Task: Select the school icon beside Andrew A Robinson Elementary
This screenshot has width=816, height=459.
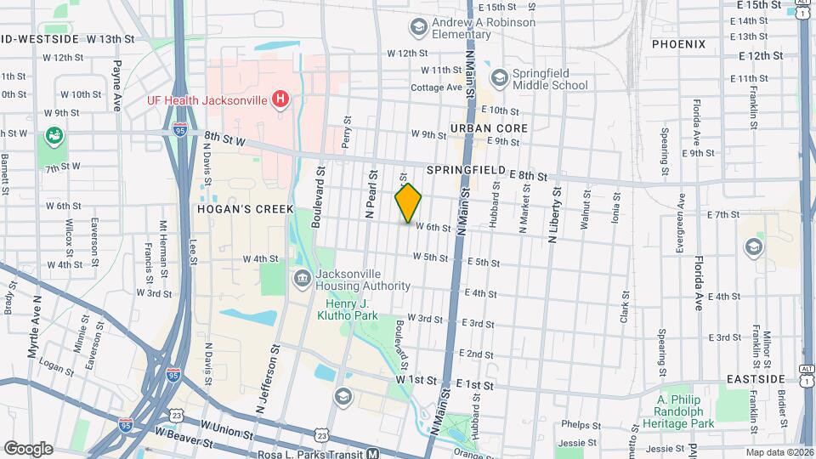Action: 418,29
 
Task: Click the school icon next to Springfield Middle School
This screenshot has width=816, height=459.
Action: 498,78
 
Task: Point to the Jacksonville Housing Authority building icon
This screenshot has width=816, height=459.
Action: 302,280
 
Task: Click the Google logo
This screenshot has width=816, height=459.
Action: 28,448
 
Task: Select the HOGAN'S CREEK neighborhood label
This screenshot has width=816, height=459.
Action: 246,209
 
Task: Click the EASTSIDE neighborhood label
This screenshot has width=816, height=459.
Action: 756,377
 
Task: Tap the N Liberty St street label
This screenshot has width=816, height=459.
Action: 553,214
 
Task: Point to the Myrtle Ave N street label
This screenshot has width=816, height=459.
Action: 36,326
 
